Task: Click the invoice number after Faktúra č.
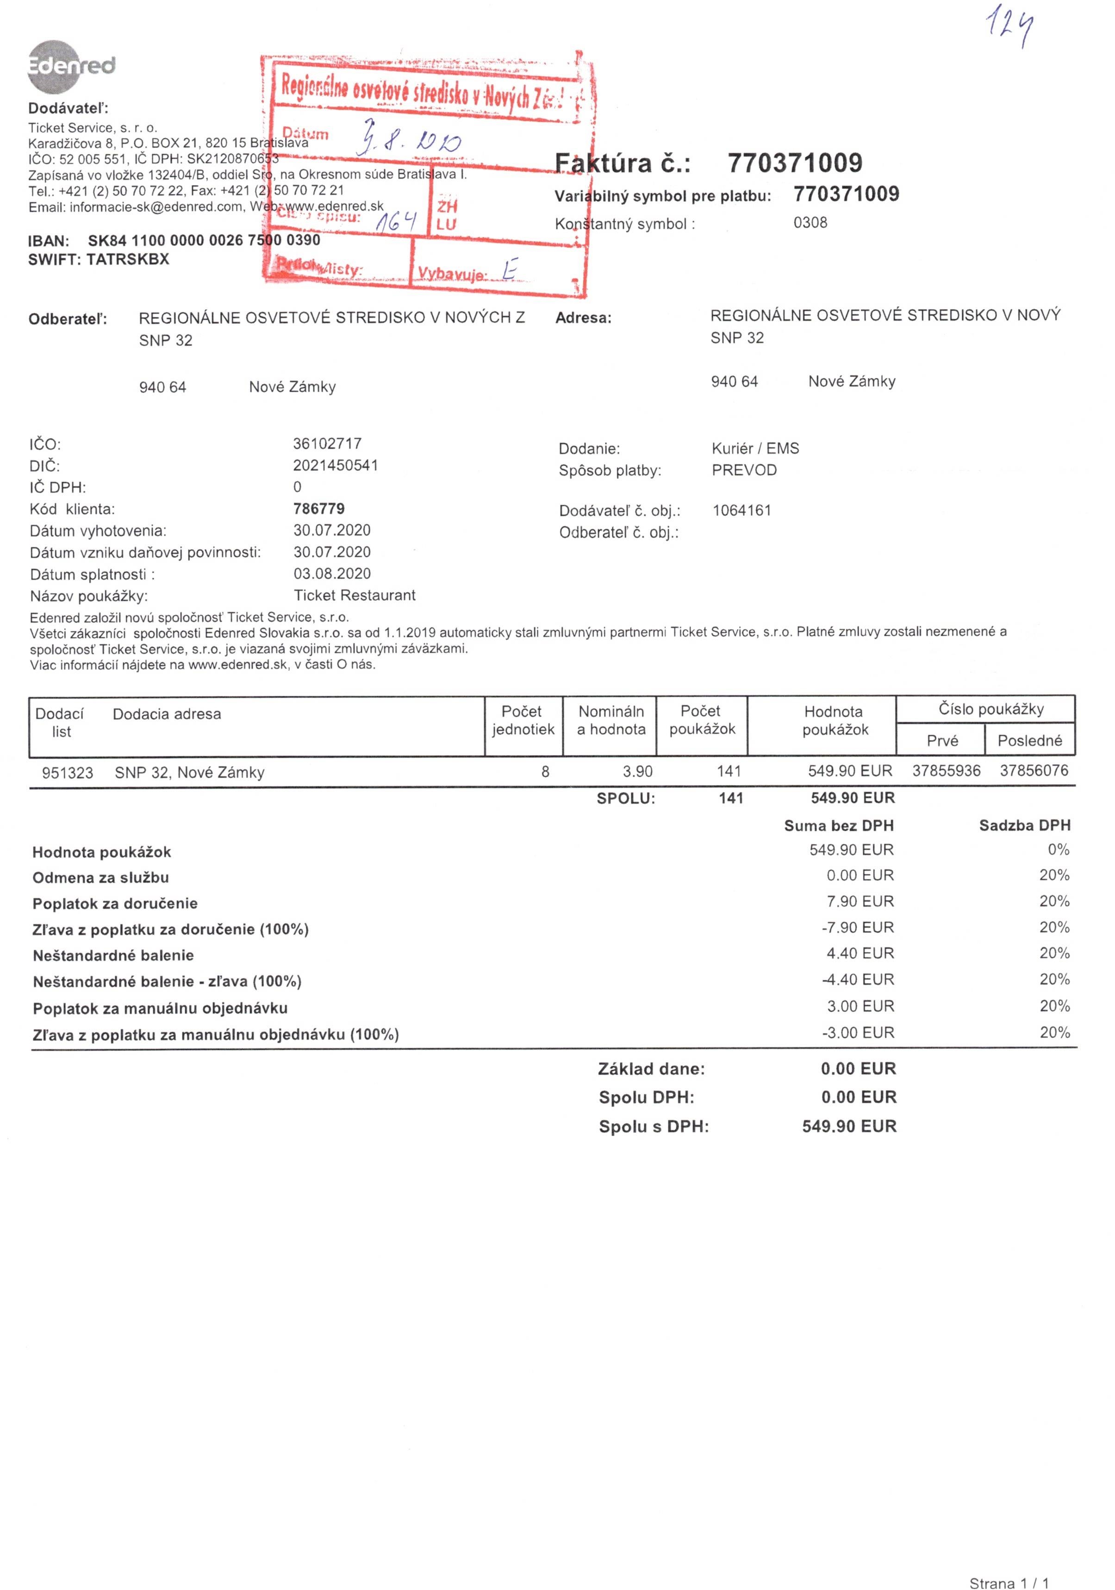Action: point(794,163)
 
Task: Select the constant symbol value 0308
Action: point(810,223)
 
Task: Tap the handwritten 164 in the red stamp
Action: point(396,222)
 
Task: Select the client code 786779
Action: point(319,509)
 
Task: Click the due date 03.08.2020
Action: point(332,573)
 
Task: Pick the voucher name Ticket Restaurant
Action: point(354,595)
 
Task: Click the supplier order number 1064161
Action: point(741,510)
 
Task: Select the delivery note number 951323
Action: point(67,773)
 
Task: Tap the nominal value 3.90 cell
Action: point(637,772)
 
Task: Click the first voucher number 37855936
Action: point(946,771)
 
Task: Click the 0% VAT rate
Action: point(1058,850)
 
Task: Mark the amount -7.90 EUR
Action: point(858,927)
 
